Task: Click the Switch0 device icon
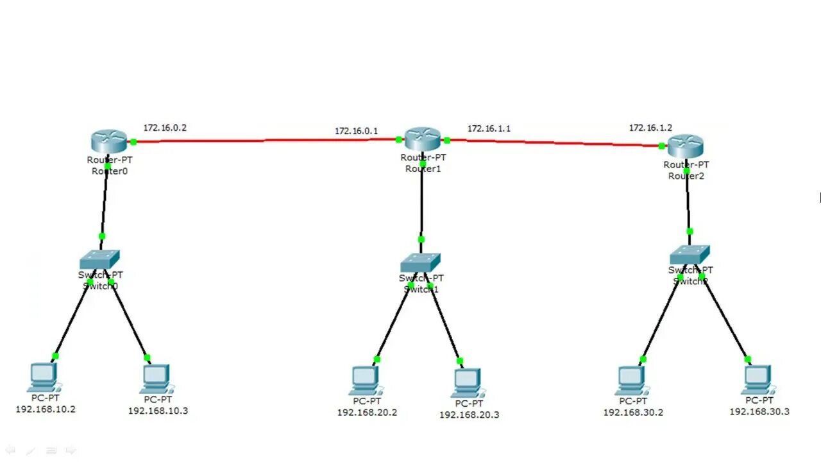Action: [99, 259]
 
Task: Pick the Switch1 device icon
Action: [421, 262]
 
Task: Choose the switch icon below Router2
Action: [690, 255]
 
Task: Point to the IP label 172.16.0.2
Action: [165, 128]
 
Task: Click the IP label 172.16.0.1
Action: [356, 131]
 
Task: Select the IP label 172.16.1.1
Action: [489, 128]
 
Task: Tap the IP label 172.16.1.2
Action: [650, 128]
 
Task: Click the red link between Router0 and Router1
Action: [263, 141]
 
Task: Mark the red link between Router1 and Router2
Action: [552, 142]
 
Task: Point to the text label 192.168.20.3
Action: [469, 415]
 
